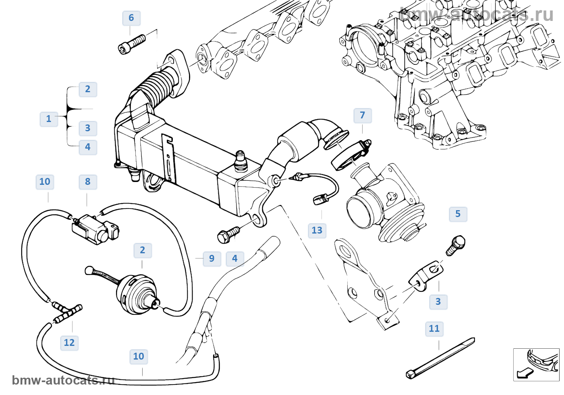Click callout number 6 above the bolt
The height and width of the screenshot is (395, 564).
[131, 18]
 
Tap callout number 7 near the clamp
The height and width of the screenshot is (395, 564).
[363, 116]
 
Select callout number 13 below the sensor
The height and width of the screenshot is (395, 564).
[317, 231]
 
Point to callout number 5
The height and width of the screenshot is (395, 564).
[458, 214]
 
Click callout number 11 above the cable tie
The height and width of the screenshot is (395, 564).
[434, 329]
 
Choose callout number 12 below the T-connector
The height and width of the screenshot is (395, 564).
[69, 343]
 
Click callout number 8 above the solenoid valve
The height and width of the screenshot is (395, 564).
[88, 182]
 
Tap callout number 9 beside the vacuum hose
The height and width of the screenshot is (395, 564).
[212, 259]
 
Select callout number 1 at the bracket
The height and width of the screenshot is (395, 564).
[49, 119]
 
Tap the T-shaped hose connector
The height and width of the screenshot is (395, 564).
[67, 312]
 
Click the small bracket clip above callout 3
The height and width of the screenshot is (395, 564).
[426, 275]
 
